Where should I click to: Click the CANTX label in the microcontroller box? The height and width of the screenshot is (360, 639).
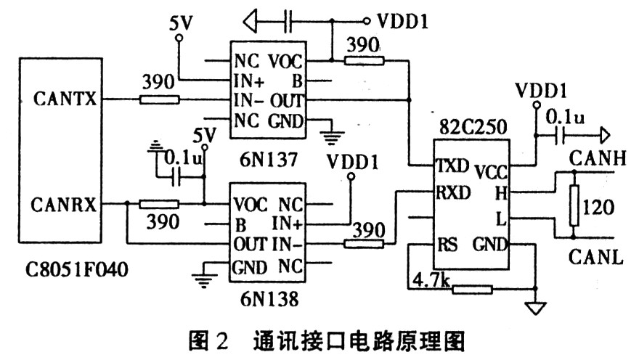coord(65,99)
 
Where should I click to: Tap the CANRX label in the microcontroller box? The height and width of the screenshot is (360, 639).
coord(64,205)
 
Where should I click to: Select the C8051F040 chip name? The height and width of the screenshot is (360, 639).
coord(77,269)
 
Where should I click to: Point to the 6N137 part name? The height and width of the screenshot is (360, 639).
coord(269,159)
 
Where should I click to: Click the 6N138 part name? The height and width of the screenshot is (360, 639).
coord(269,299)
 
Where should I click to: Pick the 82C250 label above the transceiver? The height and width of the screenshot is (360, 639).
coord(473,127)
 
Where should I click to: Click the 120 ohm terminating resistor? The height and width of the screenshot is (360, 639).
coord(574,205)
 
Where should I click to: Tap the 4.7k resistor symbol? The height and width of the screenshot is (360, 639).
coord(473,290)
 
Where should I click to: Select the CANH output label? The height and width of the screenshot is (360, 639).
coord(598,158)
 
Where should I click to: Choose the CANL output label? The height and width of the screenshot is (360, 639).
coord(596,258)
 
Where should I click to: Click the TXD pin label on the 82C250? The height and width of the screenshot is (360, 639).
coord(452,165)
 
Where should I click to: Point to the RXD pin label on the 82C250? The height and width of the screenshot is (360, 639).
coord(453,192)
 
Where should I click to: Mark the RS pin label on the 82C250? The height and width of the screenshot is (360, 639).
coord(447,245)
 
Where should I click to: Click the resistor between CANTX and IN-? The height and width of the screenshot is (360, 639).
coord(159,99)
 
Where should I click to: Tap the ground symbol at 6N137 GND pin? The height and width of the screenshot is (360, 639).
coord(332,137)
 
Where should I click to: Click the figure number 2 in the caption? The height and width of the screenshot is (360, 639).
coord(221,341)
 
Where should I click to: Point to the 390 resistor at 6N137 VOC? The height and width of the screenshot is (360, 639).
coord(365,61)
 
